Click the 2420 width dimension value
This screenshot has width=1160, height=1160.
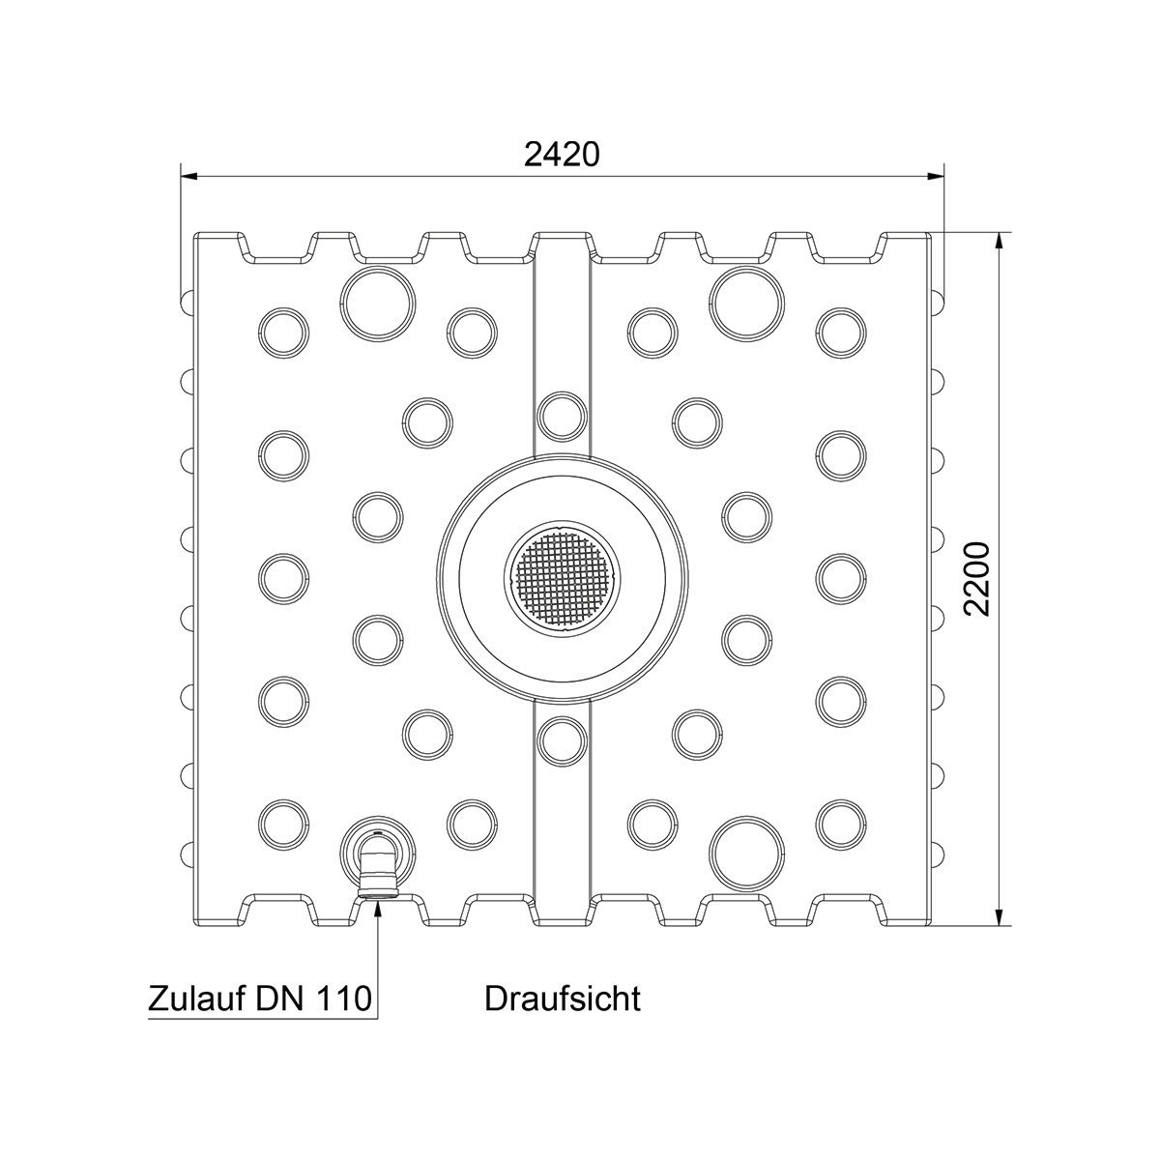[562, 155]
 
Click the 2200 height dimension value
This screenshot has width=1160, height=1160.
[976, 578]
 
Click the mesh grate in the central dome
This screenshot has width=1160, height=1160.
[562, 578]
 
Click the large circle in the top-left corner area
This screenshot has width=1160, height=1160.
[378, 304]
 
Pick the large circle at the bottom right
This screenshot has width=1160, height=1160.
[747, 853]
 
